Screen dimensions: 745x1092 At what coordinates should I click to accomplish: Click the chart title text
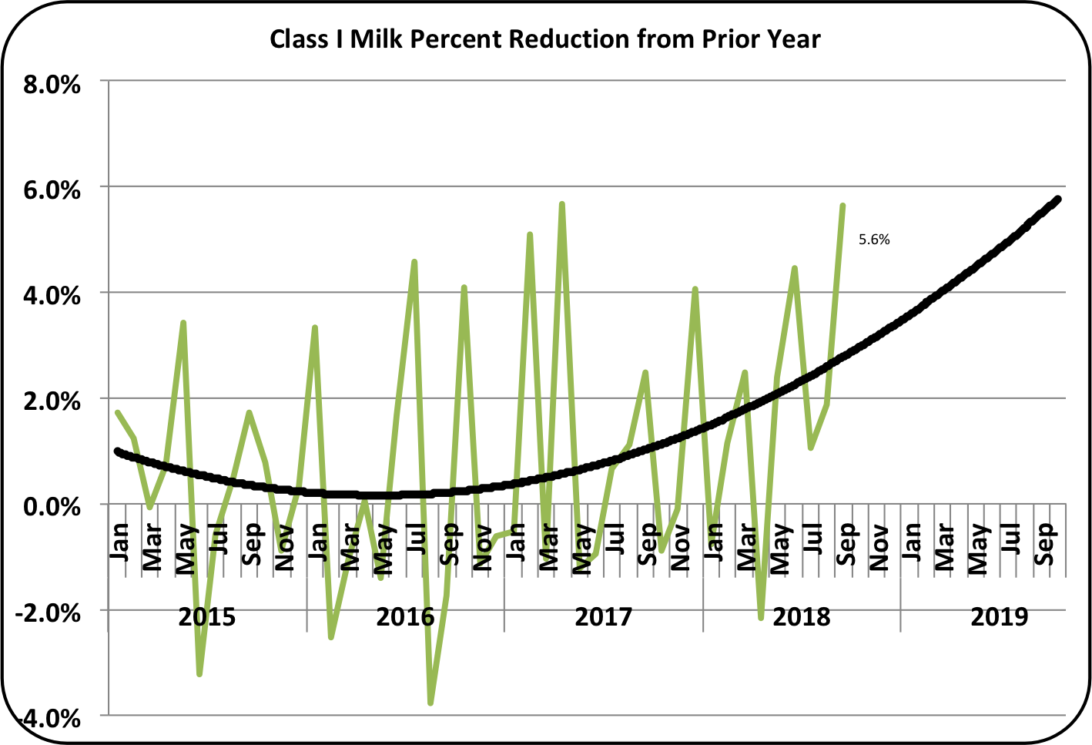(545, 39)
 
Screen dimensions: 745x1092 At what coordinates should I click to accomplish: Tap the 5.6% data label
(874, 240)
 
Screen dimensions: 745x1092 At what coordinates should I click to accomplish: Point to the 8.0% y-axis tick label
(52, 84)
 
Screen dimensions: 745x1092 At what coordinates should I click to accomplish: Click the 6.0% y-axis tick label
(52, 190)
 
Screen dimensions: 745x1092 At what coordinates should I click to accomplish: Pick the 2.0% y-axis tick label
(52, 401)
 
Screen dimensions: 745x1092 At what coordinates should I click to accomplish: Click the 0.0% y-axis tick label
(52, 507)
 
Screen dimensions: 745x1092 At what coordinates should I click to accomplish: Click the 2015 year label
(206, 617)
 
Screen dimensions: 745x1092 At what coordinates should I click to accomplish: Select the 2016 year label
(405, 617)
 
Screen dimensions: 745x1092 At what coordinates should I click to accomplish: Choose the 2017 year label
(603, 617)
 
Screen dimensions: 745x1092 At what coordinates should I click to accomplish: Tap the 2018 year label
(801, 617)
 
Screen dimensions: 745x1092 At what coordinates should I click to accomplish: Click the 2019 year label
(999, 617)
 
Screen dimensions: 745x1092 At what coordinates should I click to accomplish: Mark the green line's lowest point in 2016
(430, 703)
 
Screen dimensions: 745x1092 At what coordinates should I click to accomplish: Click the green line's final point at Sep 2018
(843, 206)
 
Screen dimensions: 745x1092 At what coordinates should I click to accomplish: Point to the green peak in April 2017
(562, 204)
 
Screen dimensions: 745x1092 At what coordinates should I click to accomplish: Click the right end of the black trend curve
(1058, 199)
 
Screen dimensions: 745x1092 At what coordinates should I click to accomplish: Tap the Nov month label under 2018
(878, 548)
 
